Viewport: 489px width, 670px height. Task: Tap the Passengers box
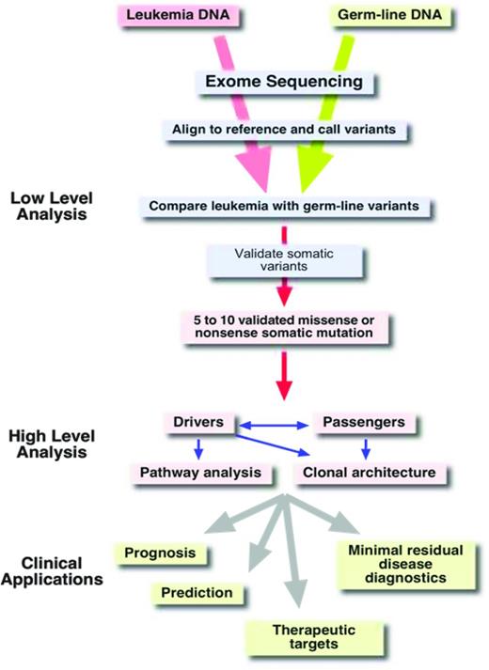(362, 423)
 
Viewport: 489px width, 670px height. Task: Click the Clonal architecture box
(369, 472)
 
